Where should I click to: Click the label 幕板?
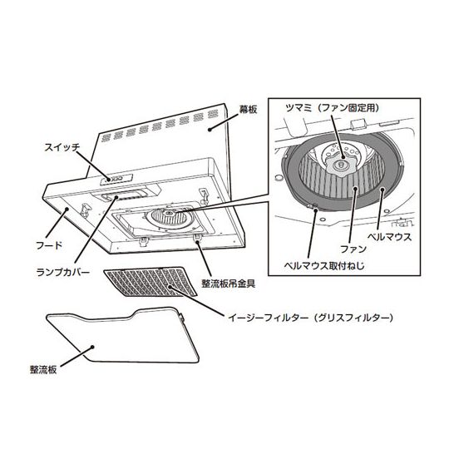point(248,110)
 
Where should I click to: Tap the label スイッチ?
point(62,147)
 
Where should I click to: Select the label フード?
point(49,245)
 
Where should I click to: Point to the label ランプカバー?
point(63,272)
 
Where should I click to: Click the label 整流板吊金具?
point(229,284)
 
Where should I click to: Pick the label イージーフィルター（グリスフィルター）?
point(310,318)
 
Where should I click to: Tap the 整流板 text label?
point(43,370)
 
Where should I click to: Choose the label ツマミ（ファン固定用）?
point(333,108)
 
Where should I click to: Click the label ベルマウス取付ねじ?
point(324,266)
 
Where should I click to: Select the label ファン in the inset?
point(353,249)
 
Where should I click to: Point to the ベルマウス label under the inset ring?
point(389,237)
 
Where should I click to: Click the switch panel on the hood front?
point(116,179)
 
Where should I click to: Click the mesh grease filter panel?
point(150,282)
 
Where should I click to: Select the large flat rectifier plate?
point(123,336)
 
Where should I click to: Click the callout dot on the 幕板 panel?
point(210,130)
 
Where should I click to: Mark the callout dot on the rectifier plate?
point(92,347)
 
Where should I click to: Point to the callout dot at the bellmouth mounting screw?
point(316,210)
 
